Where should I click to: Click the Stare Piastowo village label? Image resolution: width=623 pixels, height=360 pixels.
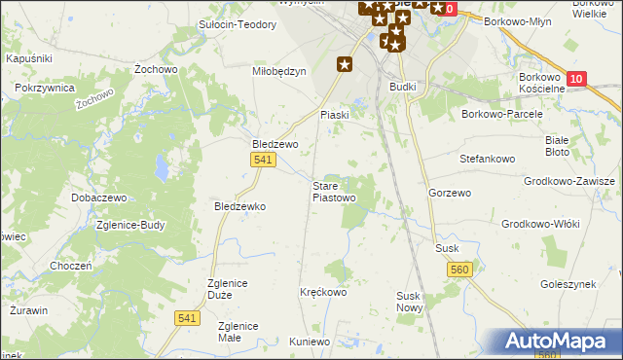click(x=333, y=191)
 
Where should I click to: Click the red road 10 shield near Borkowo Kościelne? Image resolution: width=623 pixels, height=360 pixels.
click(x=577, y=80)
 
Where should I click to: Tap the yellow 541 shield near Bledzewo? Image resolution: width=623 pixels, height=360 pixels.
click(x=261, y=160)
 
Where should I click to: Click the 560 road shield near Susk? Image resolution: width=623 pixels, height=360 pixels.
click(x=461, y=270)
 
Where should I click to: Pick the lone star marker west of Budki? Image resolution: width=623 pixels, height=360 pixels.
click(x=345, y=65)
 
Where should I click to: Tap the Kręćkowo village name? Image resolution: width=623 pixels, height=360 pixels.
click(x=324, y=292)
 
